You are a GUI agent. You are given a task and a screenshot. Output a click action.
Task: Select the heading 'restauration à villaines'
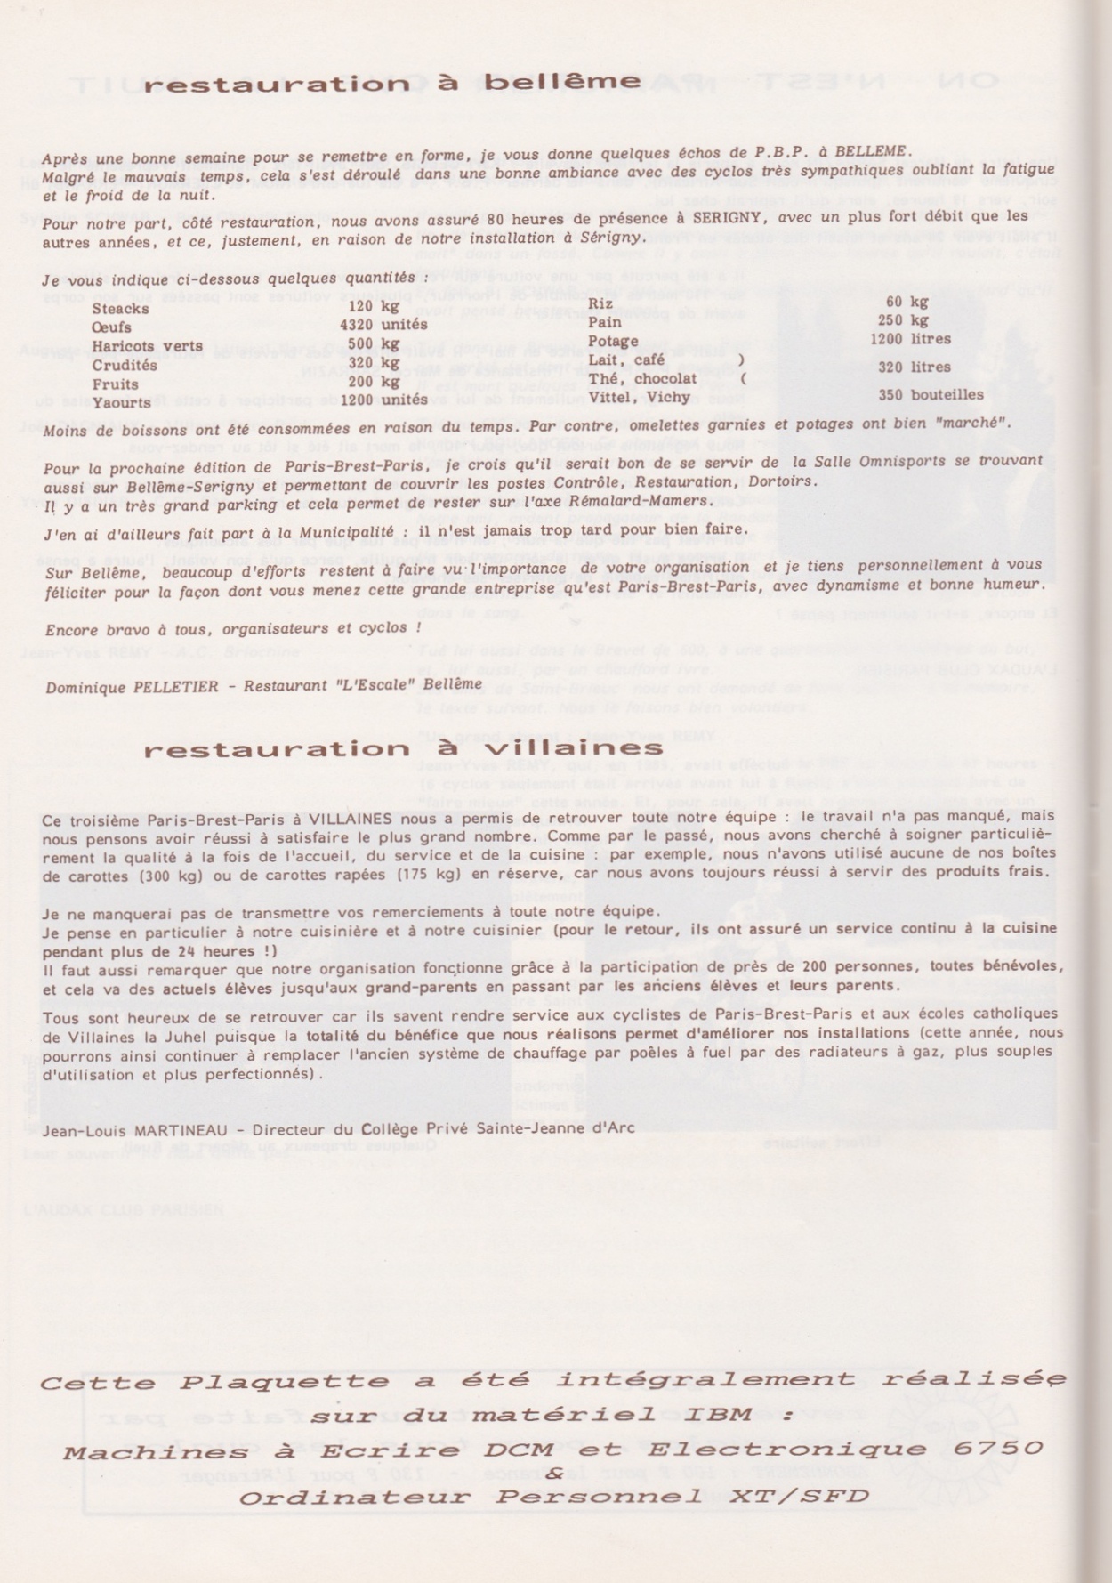(403, 748)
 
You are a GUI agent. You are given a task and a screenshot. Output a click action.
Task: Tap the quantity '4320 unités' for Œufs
(383, 325)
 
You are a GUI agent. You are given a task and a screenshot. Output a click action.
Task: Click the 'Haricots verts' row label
(147, 346)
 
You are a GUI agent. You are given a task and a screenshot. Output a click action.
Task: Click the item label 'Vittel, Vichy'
(631, 397)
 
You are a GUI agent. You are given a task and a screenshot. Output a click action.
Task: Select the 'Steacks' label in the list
(120, 309)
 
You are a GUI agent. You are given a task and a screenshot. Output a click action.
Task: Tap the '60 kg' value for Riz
(907, 303)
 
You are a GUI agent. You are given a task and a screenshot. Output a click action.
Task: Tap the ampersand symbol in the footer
(553, 1474)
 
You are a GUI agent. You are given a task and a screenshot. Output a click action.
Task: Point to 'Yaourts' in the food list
(121, 402)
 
